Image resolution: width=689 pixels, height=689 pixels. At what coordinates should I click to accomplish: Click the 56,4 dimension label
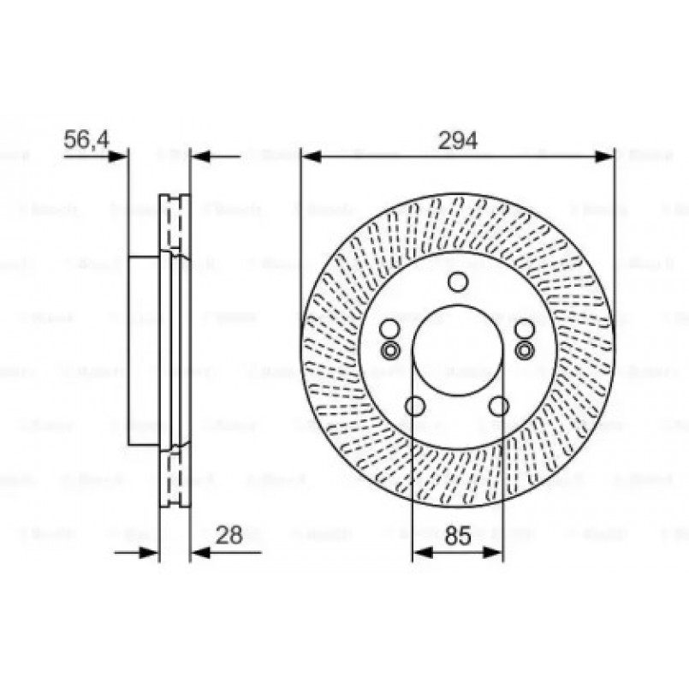point(86,140)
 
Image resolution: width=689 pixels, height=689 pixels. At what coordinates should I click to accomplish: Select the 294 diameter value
point(457,140)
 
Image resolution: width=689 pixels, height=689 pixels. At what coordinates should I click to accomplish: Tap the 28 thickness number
point(229,535)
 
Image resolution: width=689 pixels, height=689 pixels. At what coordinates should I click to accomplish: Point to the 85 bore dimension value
point(459,537)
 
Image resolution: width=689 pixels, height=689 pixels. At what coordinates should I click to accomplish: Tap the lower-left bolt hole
point(416,406)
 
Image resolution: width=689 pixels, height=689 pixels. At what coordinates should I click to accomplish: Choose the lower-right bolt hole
point(500,406)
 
